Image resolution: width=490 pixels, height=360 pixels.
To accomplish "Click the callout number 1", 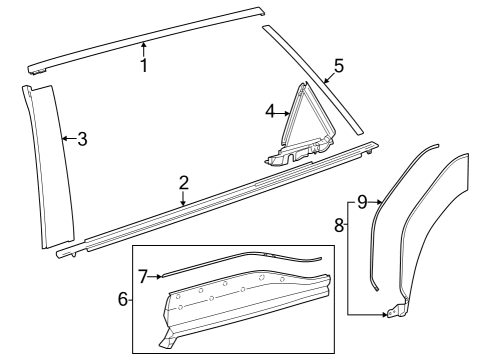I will click(x=144, y=66).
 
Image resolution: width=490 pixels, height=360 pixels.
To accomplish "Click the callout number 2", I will click(x=184, y=182).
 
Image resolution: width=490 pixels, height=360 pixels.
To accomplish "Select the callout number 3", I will click(x=82, y=139).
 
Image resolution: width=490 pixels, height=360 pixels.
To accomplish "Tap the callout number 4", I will click(x=270, y=112).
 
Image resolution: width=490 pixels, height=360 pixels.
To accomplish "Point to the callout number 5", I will click(x=338, y=66).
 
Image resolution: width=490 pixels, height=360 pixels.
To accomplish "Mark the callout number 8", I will click(x=339, y=226).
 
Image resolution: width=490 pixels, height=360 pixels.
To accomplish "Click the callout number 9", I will click(x=362, y=202).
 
